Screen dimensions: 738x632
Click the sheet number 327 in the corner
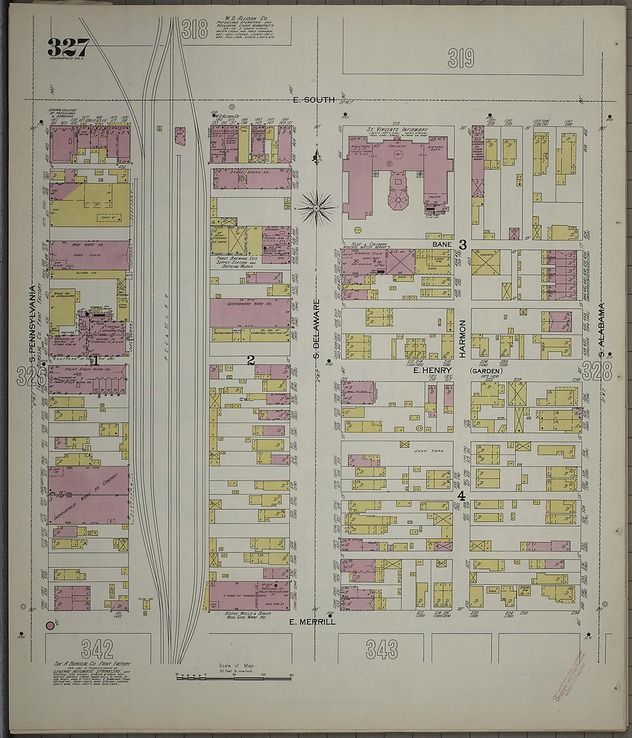68,47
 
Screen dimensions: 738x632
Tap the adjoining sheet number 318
194,29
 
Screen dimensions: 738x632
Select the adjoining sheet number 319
461,58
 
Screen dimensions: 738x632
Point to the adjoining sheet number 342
97,648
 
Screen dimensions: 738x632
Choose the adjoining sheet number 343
381,649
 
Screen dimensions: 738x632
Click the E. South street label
314,100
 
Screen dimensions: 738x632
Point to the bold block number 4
460,496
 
